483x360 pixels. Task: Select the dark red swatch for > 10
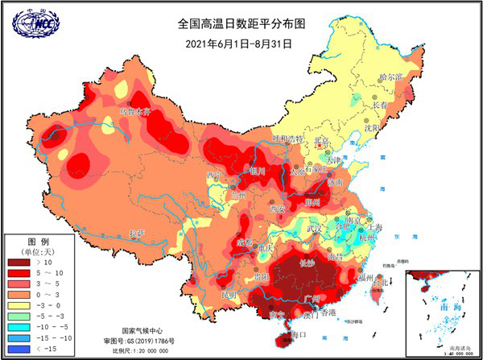23,261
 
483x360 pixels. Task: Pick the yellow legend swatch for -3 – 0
23,306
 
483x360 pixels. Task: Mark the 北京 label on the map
322,141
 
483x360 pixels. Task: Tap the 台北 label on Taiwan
386,282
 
